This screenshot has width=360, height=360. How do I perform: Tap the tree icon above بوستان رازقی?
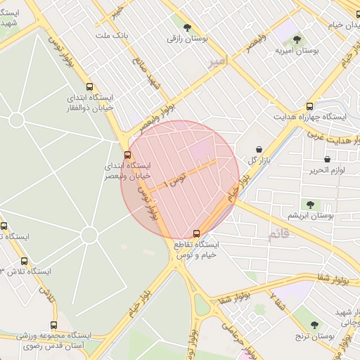click(187, 27)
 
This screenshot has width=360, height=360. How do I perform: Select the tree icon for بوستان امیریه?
click(296, 39)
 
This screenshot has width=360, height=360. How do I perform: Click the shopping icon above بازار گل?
click(260, 149)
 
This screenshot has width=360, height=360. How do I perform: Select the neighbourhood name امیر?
click(219, 63)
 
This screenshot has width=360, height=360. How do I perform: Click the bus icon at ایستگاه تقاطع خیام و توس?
click(196, 233)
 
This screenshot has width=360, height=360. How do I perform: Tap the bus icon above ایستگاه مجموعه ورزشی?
click(53, 325)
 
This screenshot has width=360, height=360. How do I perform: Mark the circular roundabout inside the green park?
click(89, 235)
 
